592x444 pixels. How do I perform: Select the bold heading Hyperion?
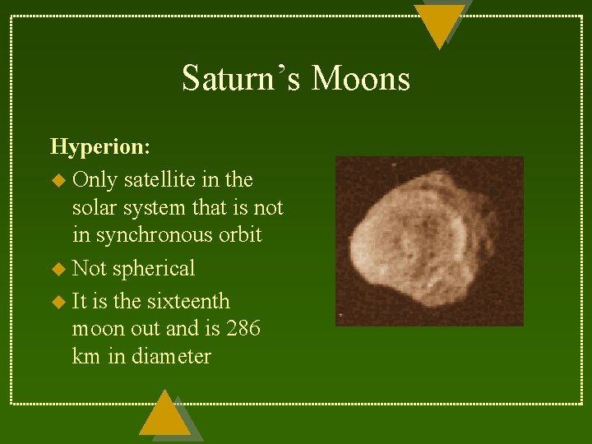[99, 146]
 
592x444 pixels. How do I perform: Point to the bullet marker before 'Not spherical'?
[57, 269]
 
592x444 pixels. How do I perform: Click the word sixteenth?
[188, 302]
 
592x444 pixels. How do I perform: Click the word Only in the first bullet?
[95, 179]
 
